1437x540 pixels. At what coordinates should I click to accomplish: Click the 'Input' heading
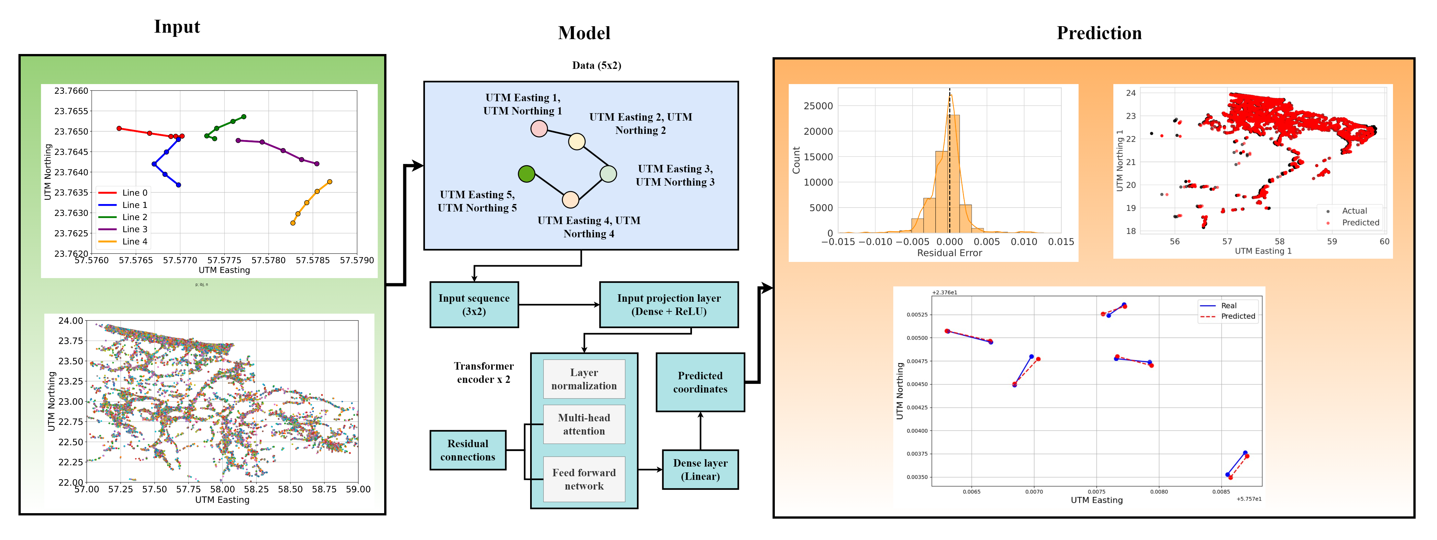tap(177, 27)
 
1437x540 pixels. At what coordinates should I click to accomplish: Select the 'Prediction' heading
tap(1098, 33)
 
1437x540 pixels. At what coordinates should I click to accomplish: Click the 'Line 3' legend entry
tap(134, 229)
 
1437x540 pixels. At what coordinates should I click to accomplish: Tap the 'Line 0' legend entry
tap(134, 193)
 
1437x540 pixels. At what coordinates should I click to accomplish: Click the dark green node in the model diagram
tap(526, 174)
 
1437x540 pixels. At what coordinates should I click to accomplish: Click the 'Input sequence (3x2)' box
tap(473, 305)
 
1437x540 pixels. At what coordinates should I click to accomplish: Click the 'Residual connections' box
tap(467, 450)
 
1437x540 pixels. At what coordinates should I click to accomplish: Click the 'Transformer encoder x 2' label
tap(483, 372)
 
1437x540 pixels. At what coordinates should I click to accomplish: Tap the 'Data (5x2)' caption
tap(596, 65)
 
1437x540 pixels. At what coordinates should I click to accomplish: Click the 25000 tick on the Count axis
tap(818, 106)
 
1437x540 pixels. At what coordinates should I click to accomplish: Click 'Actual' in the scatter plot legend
tap(1354, 211)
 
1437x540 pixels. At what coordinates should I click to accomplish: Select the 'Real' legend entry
tap(1228, 305)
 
